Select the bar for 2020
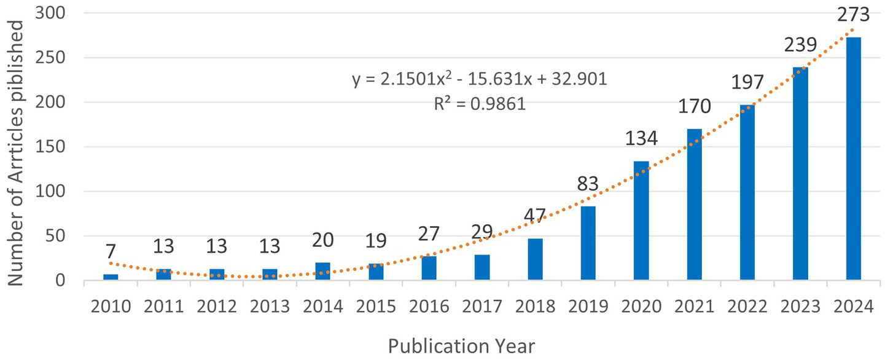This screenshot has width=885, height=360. click(641, 221)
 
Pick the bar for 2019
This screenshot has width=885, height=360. click(588, 243)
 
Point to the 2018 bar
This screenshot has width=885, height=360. click(535, 259)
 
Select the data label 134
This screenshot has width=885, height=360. click(641, 138)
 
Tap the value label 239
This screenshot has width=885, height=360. click(800, 45)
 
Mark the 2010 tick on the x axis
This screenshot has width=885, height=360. click(111, 305)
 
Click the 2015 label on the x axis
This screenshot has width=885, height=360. click(375, 305)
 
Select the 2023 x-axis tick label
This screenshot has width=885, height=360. click(800, 305)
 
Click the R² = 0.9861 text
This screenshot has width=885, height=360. click(480, 103)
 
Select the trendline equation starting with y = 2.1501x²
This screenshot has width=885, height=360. click(480, 80)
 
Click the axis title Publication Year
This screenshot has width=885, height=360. click(461, 346)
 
